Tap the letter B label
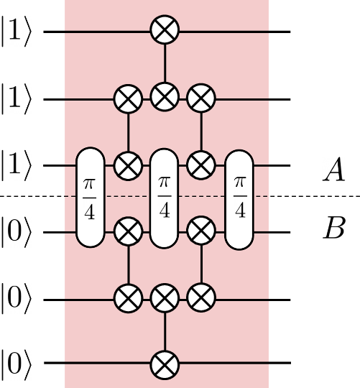(334, 231)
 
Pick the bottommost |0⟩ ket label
(15, 364)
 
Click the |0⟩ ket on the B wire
(15, 232)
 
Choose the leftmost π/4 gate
(91, 198)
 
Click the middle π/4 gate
(165, 198)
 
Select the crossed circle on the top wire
(165, 31)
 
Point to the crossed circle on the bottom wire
(165, 364)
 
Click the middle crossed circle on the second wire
(165, 98)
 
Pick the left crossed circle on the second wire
(129, 98)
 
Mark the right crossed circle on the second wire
(201, 98)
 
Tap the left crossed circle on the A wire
(129, 165)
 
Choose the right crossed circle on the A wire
(201, 165)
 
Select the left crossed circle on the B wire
(129, 231)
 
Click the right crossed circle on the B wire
(201, 231)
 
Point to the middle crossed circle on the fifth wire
(165, 298)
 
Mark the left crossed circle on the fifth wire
(129, 298)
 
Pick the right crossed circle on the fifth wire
(201, 298)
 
